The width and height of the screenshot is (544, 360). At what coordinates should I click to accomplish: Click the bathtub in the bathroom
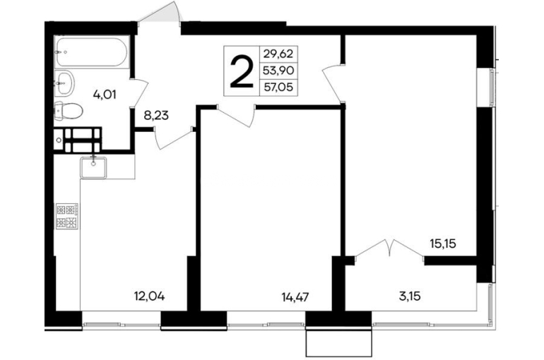point(92,52)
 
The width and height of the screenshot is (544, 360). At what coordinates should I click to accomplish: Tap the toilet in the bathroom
point(69,111)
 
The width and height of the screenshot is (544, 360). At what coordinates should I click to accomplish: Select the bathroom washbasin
point(64,83)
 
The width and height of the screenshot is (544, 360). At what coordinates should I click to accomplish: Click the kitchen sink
point(93,167)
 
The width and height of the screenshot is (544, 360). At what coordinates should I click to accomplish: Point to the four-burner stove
point(67,216)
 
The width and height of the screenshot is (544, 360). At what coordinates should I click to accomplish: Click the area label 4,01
point(105,95)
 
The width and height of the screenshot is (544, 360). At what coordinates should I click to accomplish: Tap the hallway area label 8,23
point(156,115)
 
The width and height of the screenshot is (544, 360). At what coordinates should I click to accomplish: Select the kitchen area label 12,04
point(149,296)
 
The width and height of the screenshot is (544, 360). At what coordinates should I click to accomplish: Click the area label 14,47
point(295,297)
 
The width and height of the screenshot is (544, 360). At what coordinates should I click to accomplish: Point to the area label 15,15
point(443,244)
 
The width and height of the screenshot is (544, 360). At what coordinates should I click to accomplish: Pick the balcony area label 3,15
point(410,296)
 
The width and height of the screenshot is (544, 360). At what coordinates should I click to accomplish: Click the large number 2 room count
point(242,72)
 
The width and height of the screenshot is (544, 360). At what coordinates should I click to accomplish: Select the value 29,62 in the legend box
point(278,54)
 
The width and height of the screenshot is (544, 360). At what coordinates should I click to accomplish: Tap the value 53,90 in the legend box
point(278,71)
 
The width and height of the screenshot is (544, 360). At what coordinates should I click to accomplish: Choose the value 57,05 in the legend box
point(278,87)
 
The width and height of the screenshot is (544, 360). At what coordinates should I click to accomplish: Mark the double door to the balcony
point(389,248)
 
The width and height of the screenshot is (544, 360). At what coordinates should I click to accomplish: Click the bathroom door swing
point(140,93)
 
